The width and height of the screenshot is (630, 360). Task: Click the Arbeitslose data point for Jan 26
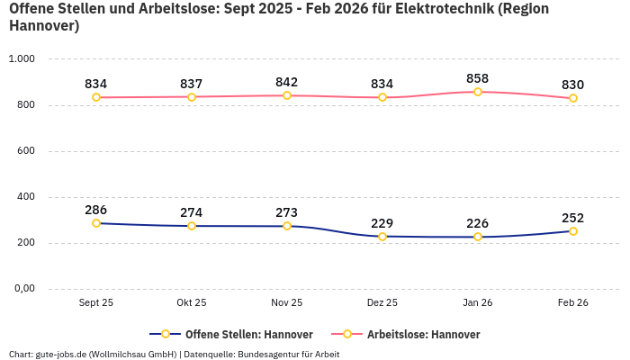click(x=478, y=92)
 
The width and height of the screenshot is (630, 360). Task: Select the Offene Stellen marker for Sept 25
click(x=96, y=223)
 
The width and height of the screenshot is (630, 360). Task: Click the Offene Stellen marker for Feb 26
click(x=573, y=231)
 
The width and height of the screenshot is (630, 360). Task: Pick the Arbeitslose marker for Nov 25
click(x=287, y=95)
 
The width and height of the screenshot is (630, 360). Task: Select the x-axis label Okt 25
click(x=192, y=303)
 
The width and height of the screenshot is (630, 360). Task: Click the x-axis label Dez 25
click(x=382, y=303)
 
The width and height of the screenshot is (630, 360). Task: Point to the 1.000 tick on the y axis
click(x=21, y=59)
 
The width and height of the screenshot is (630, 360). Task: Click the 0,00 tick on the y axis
click(x=22, y=289)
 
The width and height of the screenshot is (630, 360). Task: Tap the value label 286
click(x=96, y=210)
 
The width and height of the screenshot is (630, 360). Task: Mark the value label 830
click(x=573, y=85)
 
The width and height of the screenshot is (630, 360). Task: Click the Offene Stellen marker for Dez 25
click(x=382, y=237)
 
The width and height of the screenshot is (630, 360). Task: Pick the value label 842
click(x=287, y=82)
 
